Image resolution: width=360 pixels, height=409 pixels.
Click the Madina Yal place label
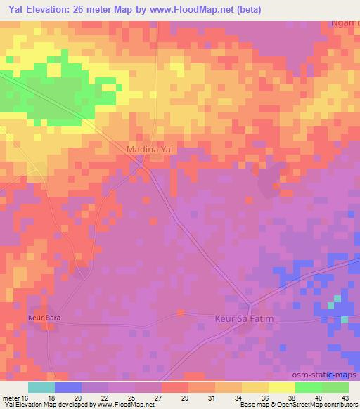pos(149,150)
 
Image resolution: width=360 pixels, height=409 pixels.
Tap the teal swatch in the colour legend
pos(41,387)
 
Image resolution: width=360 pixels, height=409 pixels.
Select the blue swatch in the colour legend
pos(68,387)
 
